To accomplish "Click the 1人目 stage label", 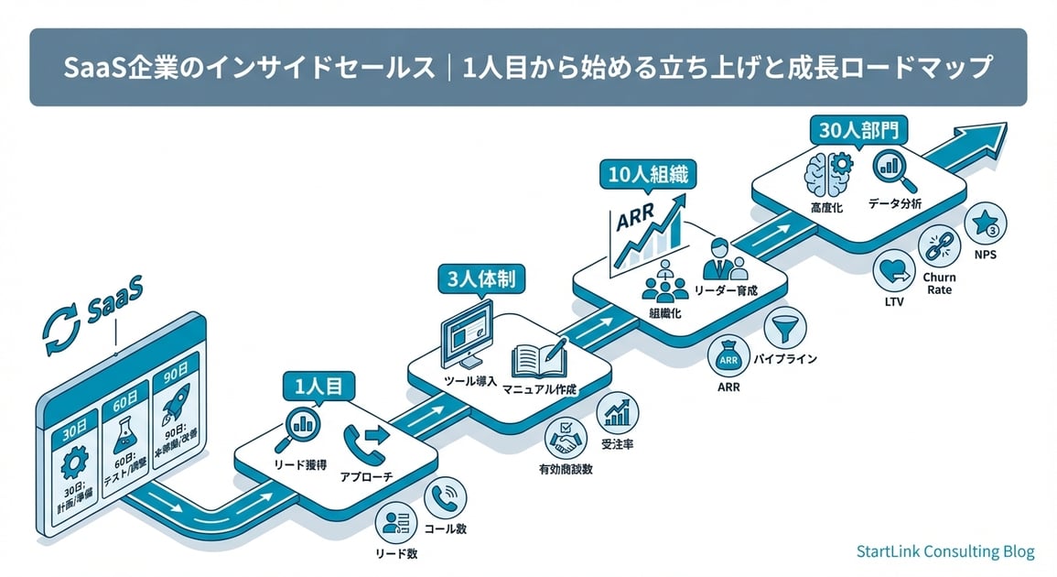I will [318, 386].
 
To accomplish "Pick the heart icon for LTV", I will [892, 271].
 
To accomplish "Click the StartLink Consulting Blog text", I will [945, 551].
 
